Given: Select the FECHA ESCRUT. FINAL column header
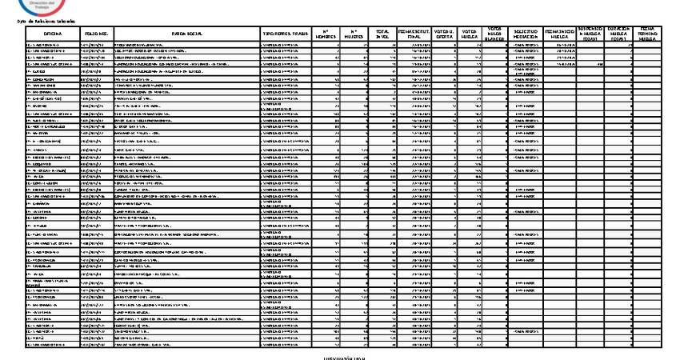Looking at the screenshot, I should coord(413,34).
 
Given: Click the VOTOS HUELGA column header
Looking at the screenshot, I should coord(470,34).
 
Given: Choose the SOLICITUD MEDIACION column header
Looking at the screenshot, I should coord(525,34).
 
